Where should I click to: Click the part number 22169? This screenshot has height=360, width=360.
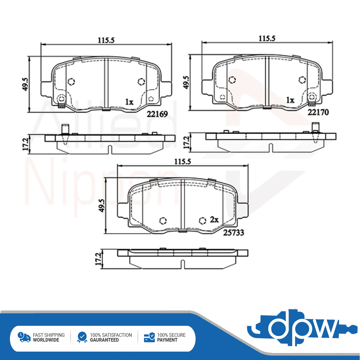coord(157,114)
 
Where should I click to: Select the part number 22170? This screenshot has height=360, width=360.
coord(318,112)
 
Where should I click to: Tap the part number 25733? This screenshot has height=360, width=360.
coord(233,232)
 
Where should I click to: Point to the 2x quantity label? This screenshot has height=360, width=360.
coord(214,220)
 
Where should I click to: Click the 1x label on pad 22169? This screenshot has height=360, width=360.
coord(129,102)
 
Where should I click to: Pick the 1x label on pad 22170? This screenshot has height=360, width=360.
coord(290,100)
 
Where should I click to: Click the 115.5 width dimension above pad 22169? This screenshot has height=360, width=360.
coord(106,40)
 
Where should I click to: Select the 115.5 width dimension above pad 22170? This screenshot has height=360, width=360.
coord(267,39)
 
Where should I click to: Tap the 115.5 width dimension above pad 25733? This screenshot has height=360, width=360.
coord(182,162)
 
